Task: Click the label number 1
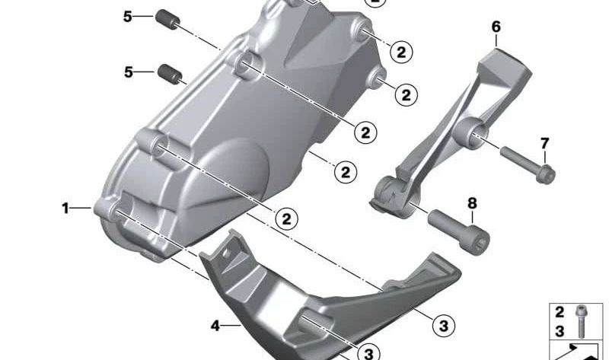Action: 66,207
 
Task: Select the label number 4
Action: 215,327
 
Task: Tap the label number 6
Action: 496,27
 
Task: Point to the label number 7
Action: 544,143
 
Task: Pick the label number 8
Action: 472,203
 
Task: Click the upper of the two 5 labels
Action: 128,14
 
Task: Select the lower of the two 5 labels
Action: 129,72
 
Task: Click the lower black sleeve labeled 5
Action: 169,75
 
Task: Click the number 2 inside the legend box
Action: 559,312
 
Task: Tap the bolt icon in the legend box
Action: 582,320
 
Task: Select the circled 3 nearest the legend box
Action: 442,325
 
